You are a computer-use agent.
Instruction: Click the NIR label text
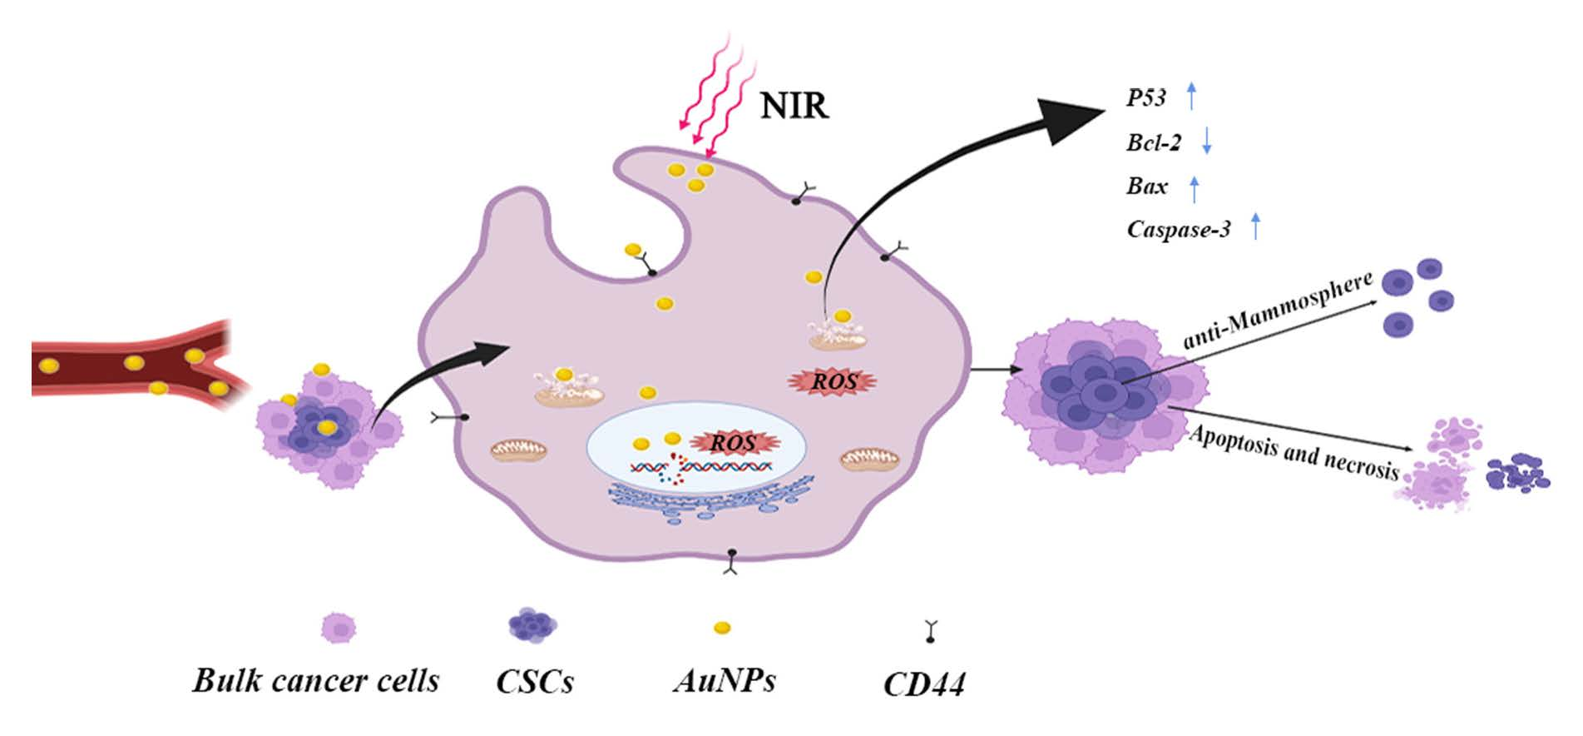[x=794, y=107]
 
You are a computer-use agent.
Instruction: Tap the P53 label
[x=1145, y=98]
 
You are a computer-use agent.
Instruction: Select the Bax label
[x=1147, y=186]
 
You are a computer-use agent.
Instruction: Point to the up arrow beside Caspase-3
[x=1255, y=227]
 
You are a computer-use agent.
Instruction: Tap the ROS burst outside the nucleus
[x=833, y=381]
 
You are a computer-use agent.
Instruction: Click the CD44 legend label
[x=924, y=685]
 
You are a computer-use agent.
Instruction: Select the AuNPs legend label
[x=725, y=681]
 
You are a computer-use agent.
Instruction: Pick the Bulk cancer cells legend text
[x=316, y=681]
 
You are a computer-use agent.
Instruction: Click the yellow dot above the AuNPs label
[x=723, y=628]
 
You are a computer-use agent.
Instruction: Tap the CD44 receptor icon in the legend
[x=930, y=631]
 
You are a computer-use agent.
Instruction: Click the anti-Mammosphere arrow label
[x=1277, y=311]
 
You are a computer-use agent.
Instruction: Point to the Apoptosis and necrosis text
[x=1294, y=453]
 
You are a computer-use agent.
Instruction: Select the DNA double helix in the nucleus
[x=699, y=467]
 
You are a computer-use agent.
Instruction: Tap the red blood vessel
[x=125, y=366]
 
